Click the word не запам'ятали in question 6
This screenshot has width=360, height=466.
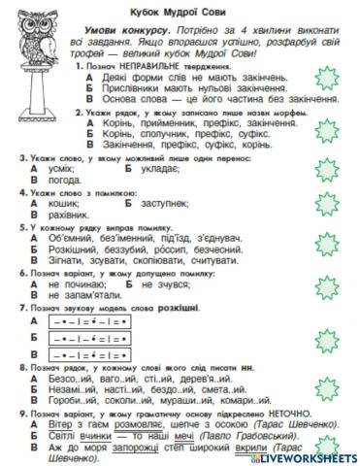coord(83,293)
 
